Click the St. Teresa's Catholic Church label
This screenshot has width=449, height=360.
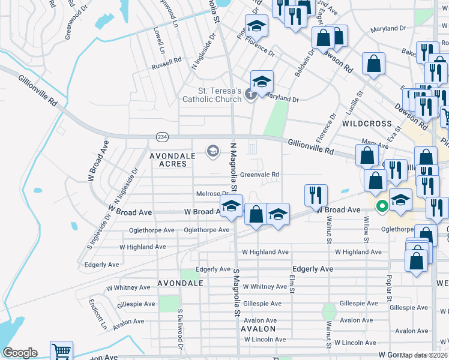click(x=212, y=95)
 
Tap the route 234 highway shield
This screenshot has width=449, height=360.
click(x=162, y=137)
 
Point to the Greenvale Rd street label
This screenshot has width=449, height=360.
click(x=260, y=175)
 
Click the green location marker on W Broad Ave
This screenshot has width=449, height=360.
click(x=381, y=207)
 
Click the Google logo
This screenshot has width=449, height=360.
click(x=20, y=352)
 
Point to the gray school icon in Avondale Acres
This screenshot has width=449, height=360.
click(x=212, y=151)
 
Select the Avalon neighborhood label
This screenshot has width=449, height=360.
click(x=258, y=329)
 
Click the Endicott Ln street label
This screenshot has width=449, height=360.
click(x=97, y=314)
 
